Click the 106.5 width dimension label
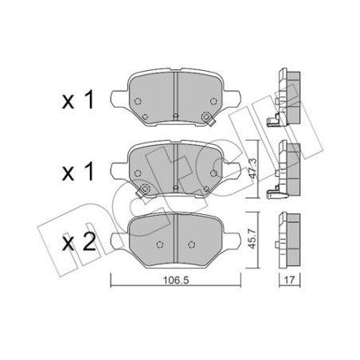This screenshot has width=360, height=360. [x=175, y=280]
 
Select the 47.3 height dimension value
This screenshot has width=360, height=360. [x=252, y=168]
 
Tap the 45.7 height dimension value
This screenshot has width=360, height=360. [x=252, y=239]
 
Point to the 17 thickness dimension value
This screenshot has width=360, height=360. [x=289, y=280]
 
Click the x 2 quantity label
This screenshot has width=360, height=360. [x=79, y=243]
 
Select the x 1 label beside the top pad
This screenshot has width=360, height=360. [x=78, y=100]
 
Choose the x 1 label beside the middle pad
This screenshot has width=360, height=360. [x=78, y=172]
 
